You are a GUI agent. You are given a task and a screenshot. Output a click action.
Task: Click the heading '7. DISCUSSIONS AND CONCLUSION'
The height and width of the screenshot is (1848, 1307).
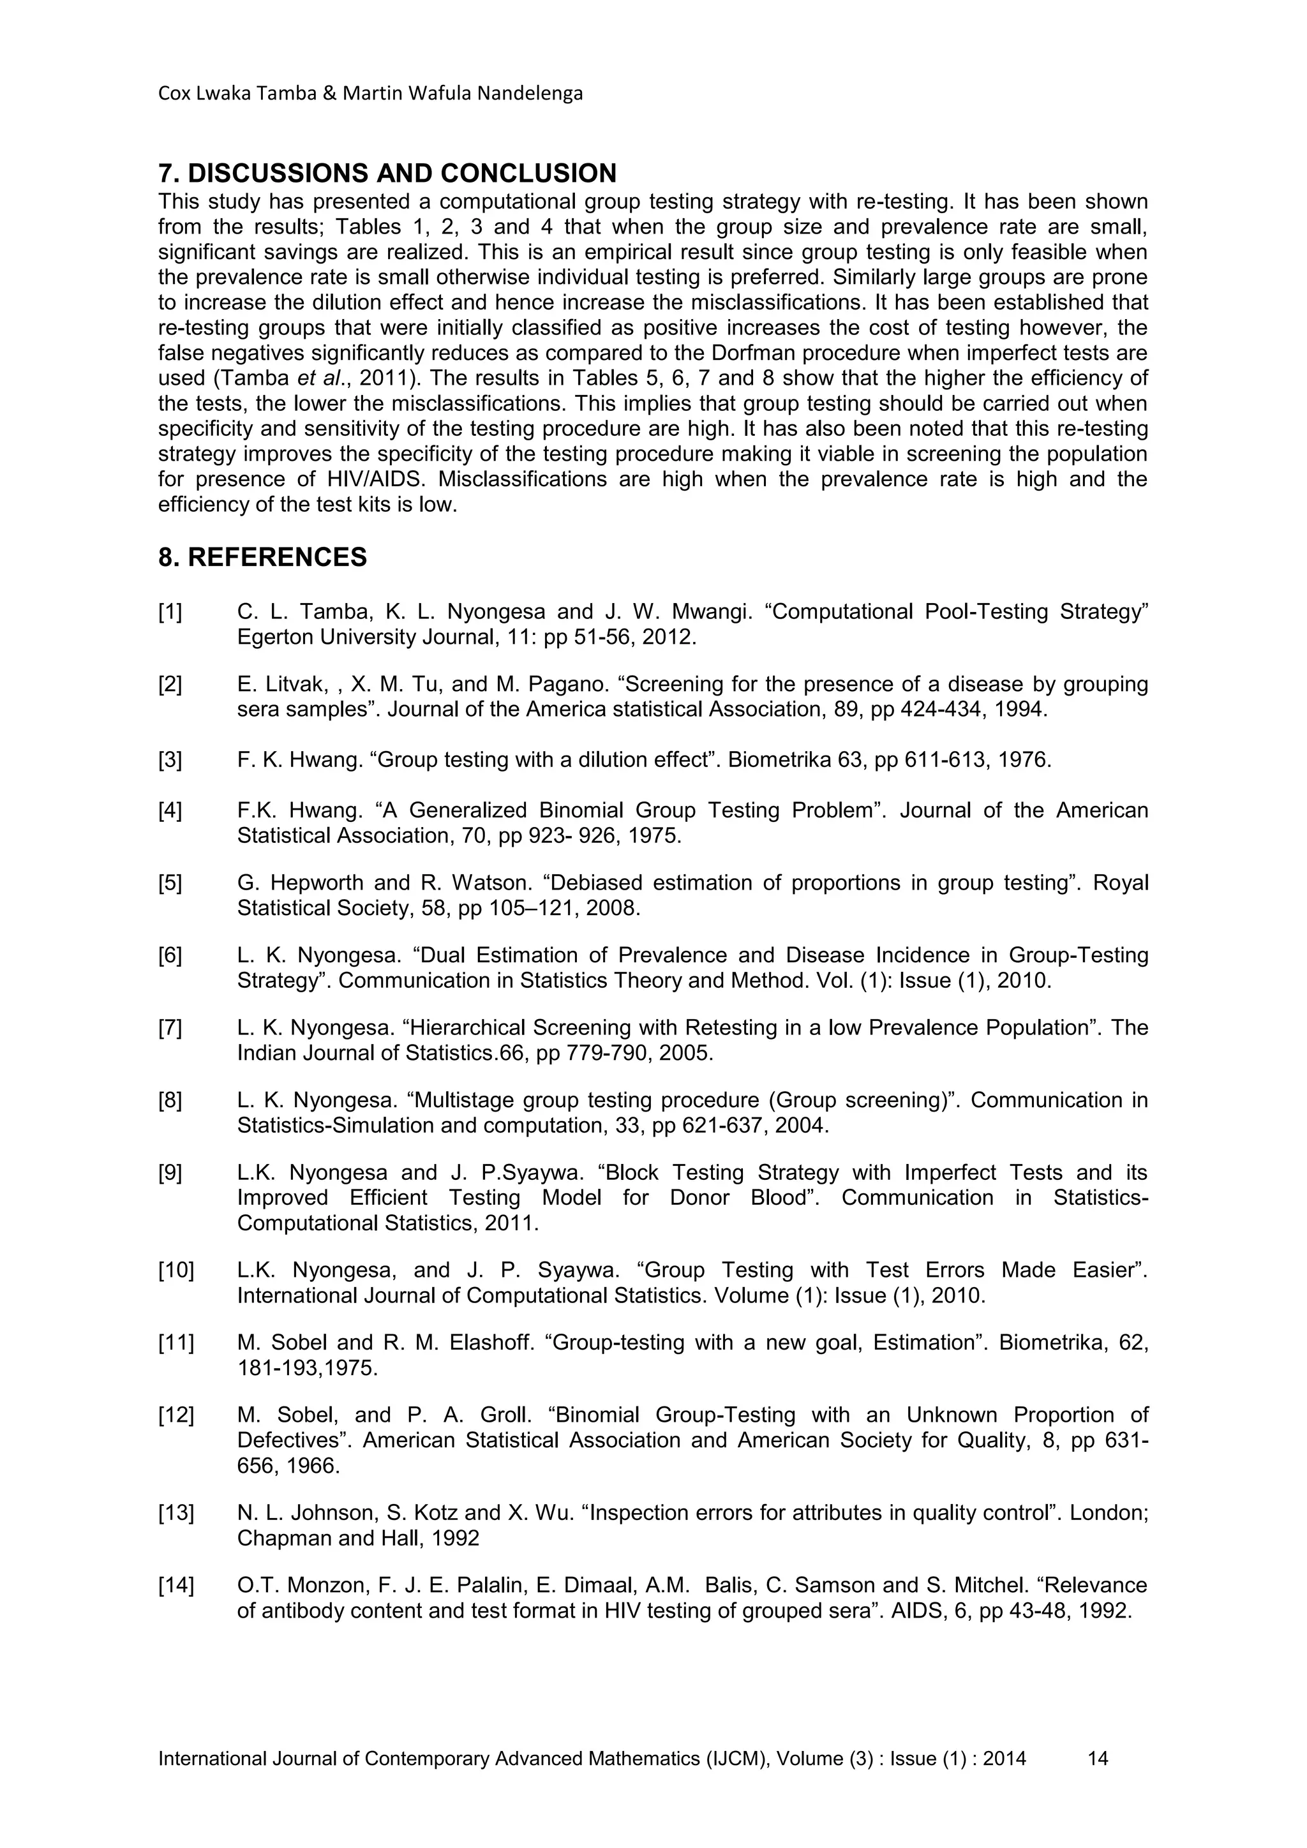click(x=387, y=173)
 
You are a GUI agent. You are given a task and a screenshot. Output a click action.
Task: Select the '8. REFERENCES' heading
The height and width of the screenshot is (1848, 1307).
click(x=262, y=557)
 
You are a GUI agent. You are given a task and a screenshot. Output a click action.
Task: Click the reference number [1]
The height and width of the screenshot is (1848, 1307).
click(x=170, y=613)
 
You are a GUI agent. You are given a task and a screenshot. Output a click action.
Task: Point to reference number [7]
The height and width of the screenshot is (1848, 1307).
click(x=170, y=1028)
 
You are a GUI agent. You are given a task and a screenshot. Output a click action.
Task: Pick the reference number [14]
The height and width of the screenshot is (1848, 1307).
click(x=176, y=1586)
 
